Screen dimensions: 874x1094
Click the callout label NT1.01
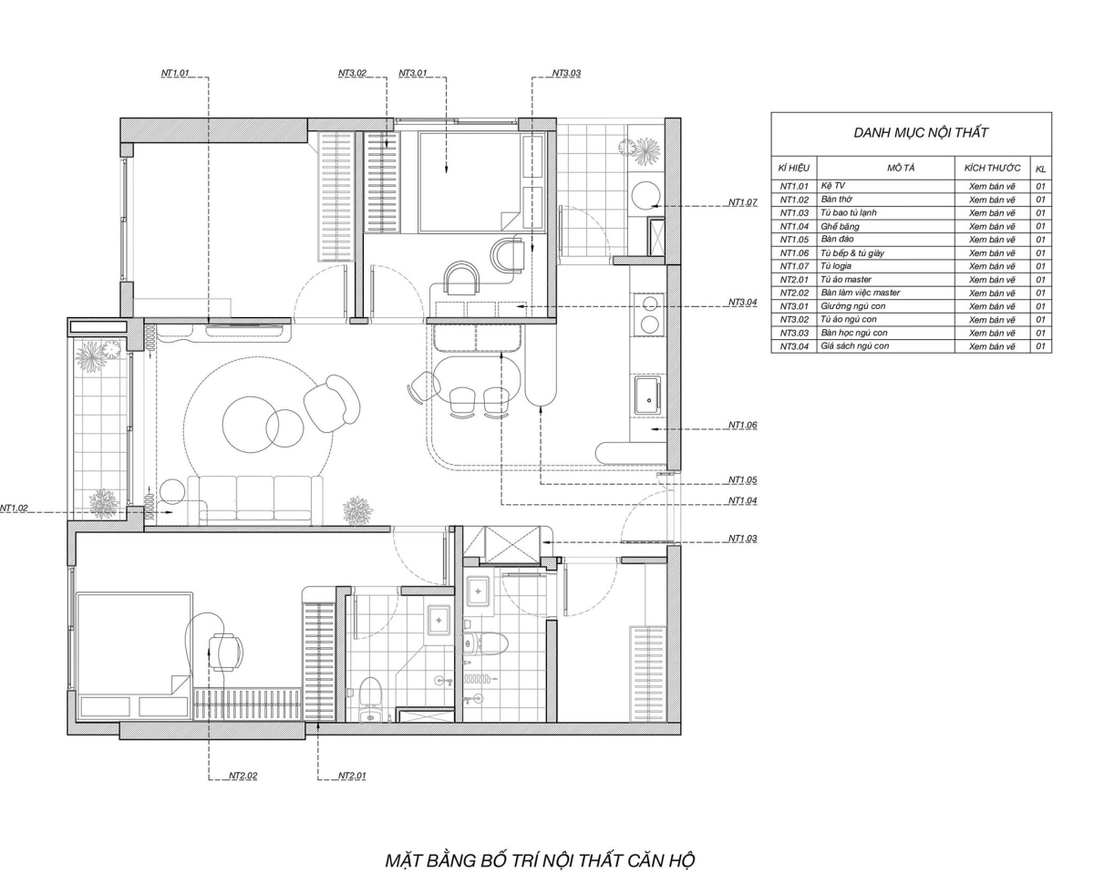pyautogui.click(x=174, y=73)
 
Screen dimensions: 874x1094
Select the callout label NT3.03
pyautogui.click(x=566, y=73)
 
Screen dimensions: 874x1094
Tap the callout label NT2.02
pyautogui.click(x=243, y=776)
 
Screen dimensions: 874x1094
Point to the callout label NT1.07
pyautogui.click(x=743, y=202)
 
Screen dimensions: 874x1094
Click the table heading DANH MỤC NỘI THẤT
pyautogui.click(x=920, y=132)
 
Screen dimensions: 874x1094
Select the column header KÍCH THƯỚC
pyautogui.click(x=992, y=169)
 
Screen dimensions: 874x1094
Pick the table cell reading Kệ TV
pyautogui.click(x=833, y=186)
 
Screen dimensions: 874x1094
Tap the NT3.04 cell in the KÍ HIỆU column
pyautogui.click(x=794, y=346)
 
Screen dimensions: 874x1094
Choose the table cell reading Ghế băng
pyautogui.click(x=840, y=226)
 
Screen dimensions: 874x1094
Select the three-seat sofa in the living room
pyautogui.click(x=254, y=499)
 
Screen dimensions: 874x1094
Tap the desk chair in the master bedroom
pyautogui.click(x=225, y=652)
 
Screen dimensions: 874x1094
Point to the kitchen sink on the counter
pyautogui.click(x=648, y=396)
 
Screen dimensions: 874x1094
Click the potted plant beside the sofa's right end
pyautogui.click(x=357, y=510)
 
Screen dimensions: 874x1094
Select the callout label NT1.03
pyautogui.click(x=743, y=539)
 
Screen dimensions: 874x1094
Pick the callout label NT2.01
pyautogui.click(x=352, y=776)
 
